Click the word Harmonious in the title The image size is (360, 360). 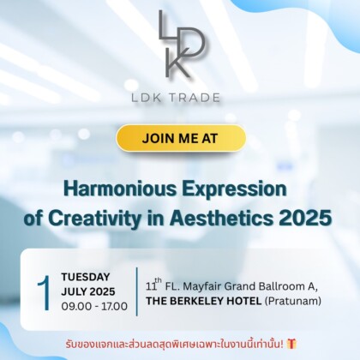pyautogui.click(x=113, y=189)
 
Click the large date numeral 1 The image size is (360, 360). pyautogui.click(x=43, y=291)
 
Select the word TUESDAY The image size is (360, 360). pyautogui.click(x=85, y=277)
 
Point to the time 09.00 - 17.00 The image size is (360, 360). pyautogui.click(x=94, y=306)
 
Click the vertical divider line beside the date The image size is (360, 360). pyautogui.click(x=136, y=291)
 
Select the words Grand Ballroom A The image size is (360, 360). pyautogui.click(x=276, y=284)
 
